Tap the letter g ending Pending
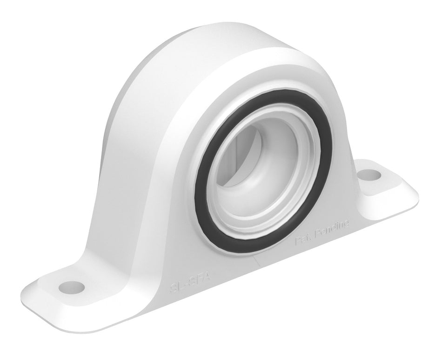(x=346, y=224)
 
